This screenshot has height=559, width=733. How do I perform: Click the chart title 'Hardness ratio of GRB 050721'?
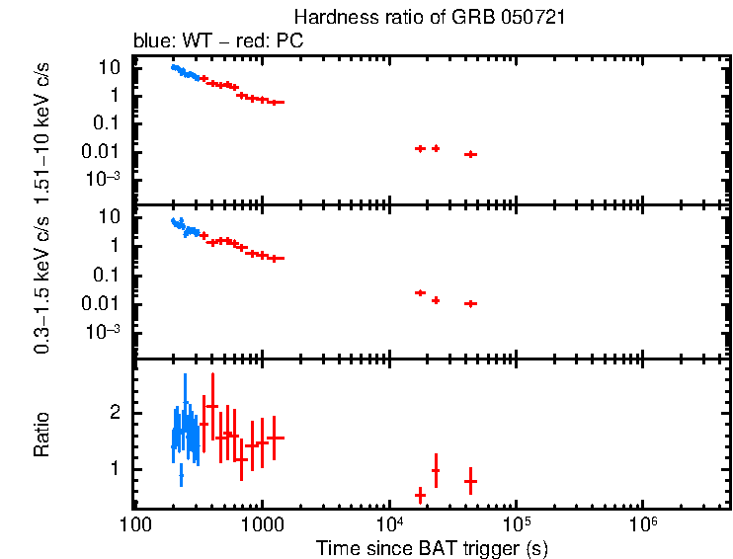(x=430, y=18)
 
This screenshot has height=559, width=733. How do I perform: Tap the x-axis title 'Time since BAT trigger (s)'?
(x=432, y=547)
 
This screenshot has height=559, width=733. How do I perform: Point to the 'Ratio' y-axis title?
(x=42, y=435)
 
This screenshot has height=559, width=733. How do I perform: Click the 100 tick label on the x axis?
(x=134, y=523)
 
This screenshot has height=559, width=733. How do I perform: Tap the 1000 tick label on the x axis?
(x=262, y=523)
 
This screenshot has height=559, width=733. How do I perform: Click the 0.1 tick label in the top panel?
(x=107, y=122)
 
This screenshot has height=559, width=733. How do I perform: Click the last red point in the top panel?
(x=471, y=154)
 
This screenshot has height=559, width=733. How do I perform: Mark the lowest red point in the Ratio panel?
(x=420, y=494)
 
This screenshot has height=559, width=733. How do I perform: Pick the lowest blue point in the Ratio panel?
(x=181, y=477)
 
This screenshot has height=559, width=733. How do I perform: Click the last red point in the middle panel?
(x=471, y=303)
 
